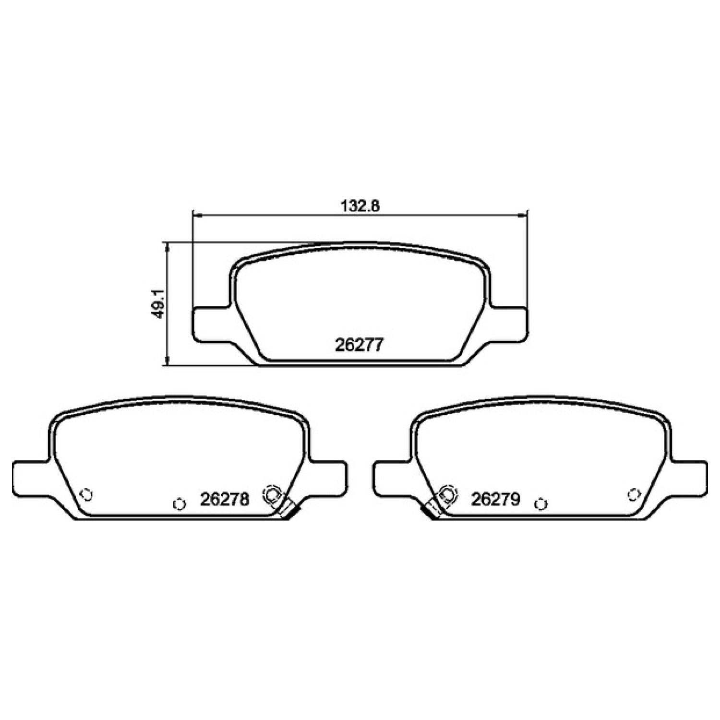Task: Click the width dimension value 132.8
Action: coord(360,206)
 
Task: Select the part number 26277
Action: coord(359,345)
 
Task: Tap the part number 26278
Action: coord(225,500)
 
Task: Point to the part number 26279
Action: coord(495,500)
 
